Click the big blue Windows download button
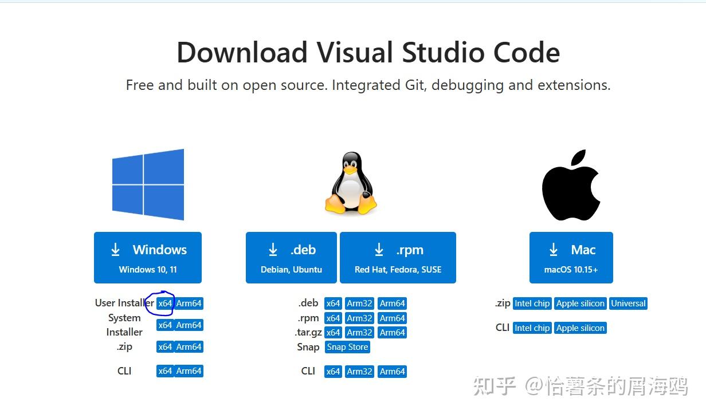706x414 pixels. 148,258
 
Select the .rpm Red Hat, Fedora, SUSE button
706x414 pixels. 398,258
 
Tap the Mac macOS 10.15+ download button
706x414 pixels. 571,258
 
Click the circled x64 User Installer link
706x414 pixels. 165,303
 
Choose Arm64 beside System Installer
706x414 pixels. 189,325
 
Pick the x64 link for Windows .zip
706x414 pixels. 165,347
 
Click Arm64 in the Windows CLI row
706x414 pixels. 189,371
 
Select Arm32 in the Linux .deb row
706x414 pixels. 359,303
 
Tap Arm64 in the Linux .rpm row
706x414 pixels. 392,318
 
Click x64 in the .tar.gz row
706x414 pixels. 333,333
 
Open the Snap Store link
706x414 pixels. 347,347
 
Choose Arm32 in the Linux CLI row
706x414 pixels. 359,372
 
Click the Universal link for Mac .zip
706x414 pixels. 628,303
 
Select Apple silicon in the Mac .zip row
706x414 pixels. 580,303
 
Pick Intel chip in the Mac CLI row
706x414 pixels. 532,328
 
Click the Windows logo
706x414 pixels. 148,184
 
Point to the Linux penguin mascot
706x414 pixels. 351,184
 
